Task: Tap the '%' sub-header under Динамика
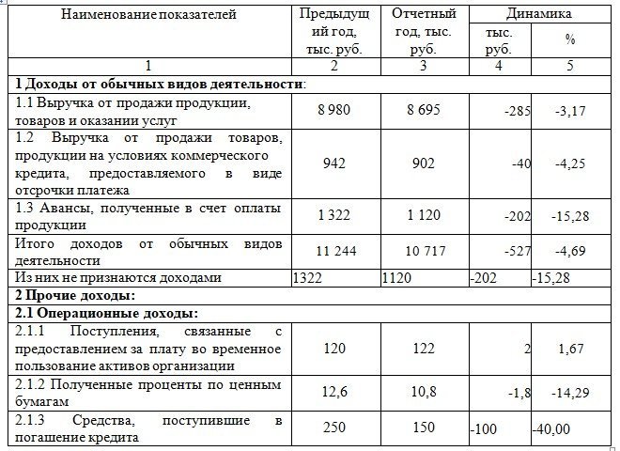click(x=569, y=39)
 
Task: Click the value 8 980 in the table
click(x=333, y=110)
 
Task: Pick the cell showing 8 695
click(x=423, y=110)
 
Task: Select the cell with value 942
click(x=333, y=163)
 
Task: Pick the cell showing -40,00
click(x=553, y=429)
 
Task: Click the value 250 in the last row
click(x=333, y=428)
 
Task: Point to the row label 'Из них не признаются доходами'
click(x=118, y=278)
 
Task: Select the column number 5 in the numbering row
click(x=569, y=66)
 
